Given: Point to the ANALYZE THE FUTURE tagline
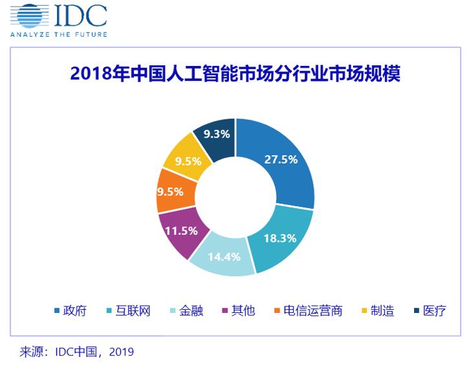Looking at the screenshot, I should (x=58, y=34).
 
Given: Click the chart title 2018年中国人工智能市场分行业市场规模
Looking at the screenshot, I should (x=235, y=73).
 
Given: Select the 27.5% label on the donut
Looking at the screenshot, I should (x=281, y=159).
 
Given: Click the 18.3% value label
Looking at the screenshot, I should (x=279, y=238).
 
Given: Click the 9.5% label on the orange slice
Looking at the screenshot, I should (x=170, y=191).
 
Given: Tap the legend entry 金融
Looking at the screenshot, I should (x=191, y=310).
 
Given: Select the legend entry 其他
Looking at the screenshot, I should (x=243, y=310).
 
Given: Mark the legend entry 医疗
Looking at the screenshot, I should (x=434, y=310).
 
